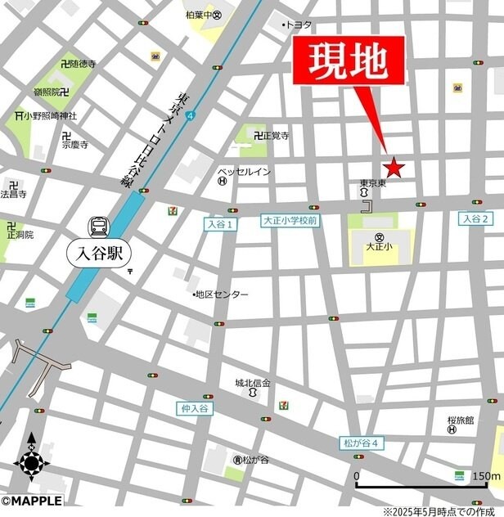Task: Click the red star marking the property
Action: pos(394,168)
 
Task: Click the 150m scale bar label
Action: pos(485,476)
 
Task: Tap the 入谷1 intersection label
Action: pos(219,224)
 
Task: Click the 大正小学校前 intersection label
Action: pos(290,221)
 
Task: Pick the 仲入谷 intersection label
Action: pos(194,407)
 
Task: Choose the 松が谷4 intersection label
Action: pos(361,443)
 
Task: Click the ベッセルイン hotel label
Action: pos(244,172)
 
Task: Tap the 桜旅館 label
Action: pos(461,420)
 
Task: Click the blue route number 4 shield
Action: pos(191,117)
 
